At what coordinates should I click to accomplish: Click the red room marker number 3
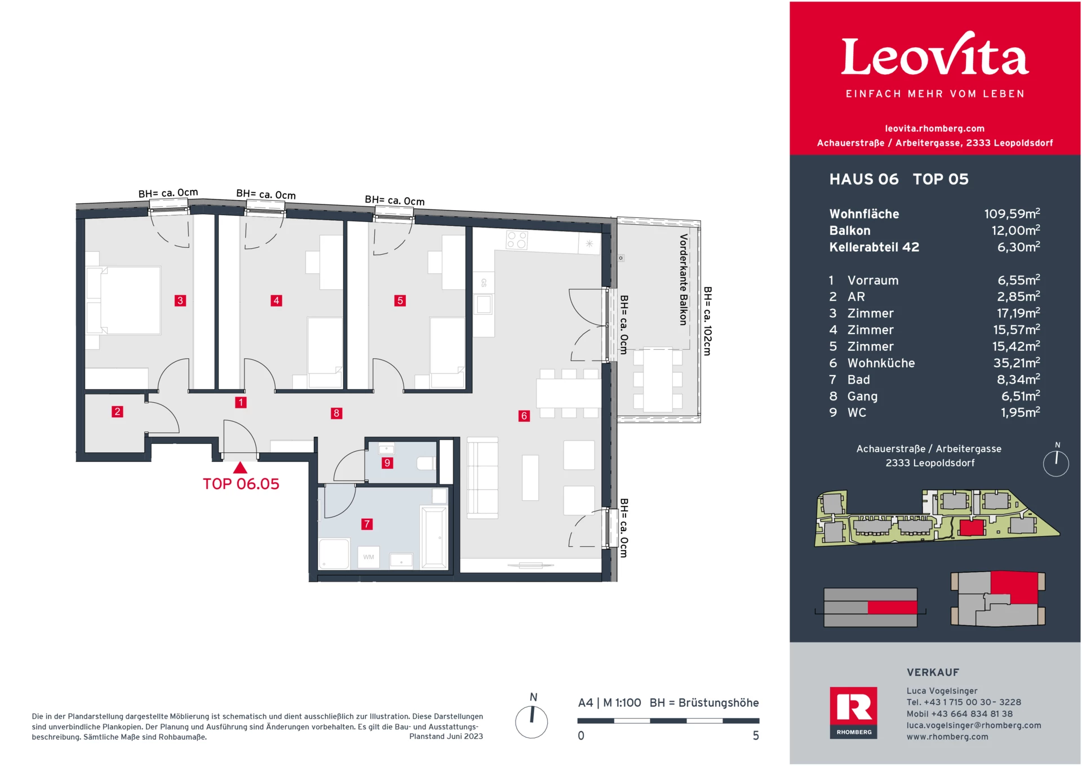click(x=180, y=301)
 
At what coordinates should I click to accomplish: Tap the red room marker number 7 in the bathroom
click(x=367, y=524)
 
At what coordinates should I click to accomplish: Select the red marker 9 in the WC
click(x=387, y=463)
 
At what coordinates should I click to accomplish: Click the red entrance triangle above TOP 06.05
click(x=240, y=468)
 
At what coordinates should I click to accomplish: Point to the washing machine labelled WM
click(x=369, y=557)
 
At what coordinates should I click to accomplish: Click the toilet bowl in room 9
click(x=425, y=464)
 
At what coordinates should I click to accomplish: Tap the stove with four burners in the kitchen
click(x=517, y=241)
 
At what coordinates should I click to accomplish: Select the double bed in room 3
click(x=130, y=301)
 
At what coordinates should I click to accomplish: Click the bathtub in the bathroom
click(x=434, y=537)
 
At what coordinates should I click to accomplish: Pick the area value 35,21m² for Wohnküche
click(x=1016, y=363)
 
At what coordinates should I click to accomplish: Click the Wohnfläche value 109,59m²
click(x=1012, y=214)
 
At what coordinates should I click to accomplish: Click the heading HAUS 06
click(x=863, y=180)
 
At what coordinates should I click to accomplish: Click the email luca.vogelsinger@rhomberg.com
click(x=973, y=725)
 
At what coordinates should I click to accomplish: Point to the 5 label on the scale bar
click(x=756, y=736)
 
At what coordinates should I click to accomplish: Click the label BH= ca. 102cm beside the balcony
click(x=708, y=321)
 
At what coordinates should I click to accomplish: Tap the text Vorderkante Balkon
click(x=683, y=280)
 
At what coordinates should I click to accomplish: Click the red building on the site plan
click(x=972, y=528)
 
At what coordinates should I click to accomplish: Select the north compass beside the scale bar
click(x=531, y=722)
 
